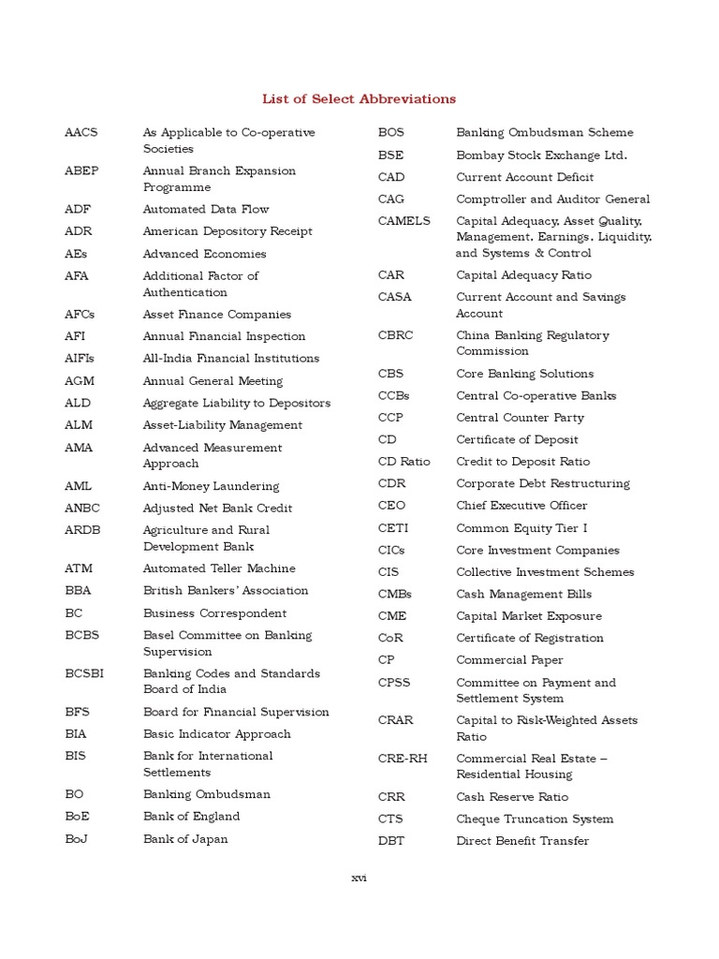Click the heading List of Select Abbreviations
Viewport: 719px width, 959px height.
point(359,98)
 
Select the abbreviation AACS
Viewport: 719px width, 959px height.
point(81,133)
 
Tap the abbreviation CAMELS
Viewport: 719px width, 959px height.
point(404,221)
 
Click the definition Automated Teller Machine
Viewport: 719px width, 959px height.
point(219,568)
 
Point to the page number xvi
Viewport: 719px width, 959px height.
point(359,878)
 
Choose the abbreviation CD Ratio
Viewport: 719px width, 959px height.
point(404,462)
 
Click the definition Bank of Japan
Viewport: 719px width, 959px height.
point(185,839)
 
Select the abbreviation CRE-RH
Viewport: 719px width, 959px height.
point(403,759)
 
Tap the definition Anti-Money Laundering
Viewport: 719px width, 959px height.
point(211,486)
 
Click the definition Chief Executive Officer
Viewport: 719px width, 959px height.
point(521,506)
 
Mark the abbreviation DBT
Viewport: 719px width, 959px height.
point(391,841)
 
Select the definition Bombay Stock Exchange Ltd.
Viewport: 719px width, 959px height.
point(541,155)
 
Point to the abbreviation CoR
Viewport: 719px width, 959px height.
point(391,639)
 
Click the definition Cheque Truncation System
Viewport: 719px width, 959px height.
point(535,819)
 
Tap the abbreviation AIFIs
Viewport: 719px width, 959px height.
point(80,359)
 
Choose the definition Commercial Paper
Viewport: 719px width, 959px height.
point(509,660)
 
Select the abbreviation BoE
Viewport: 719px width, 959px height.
point(78,817)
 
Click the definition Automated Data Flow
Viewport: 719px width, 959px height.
point(205,210)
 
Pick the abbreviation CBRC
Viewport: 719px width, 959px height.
point(395,335)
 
